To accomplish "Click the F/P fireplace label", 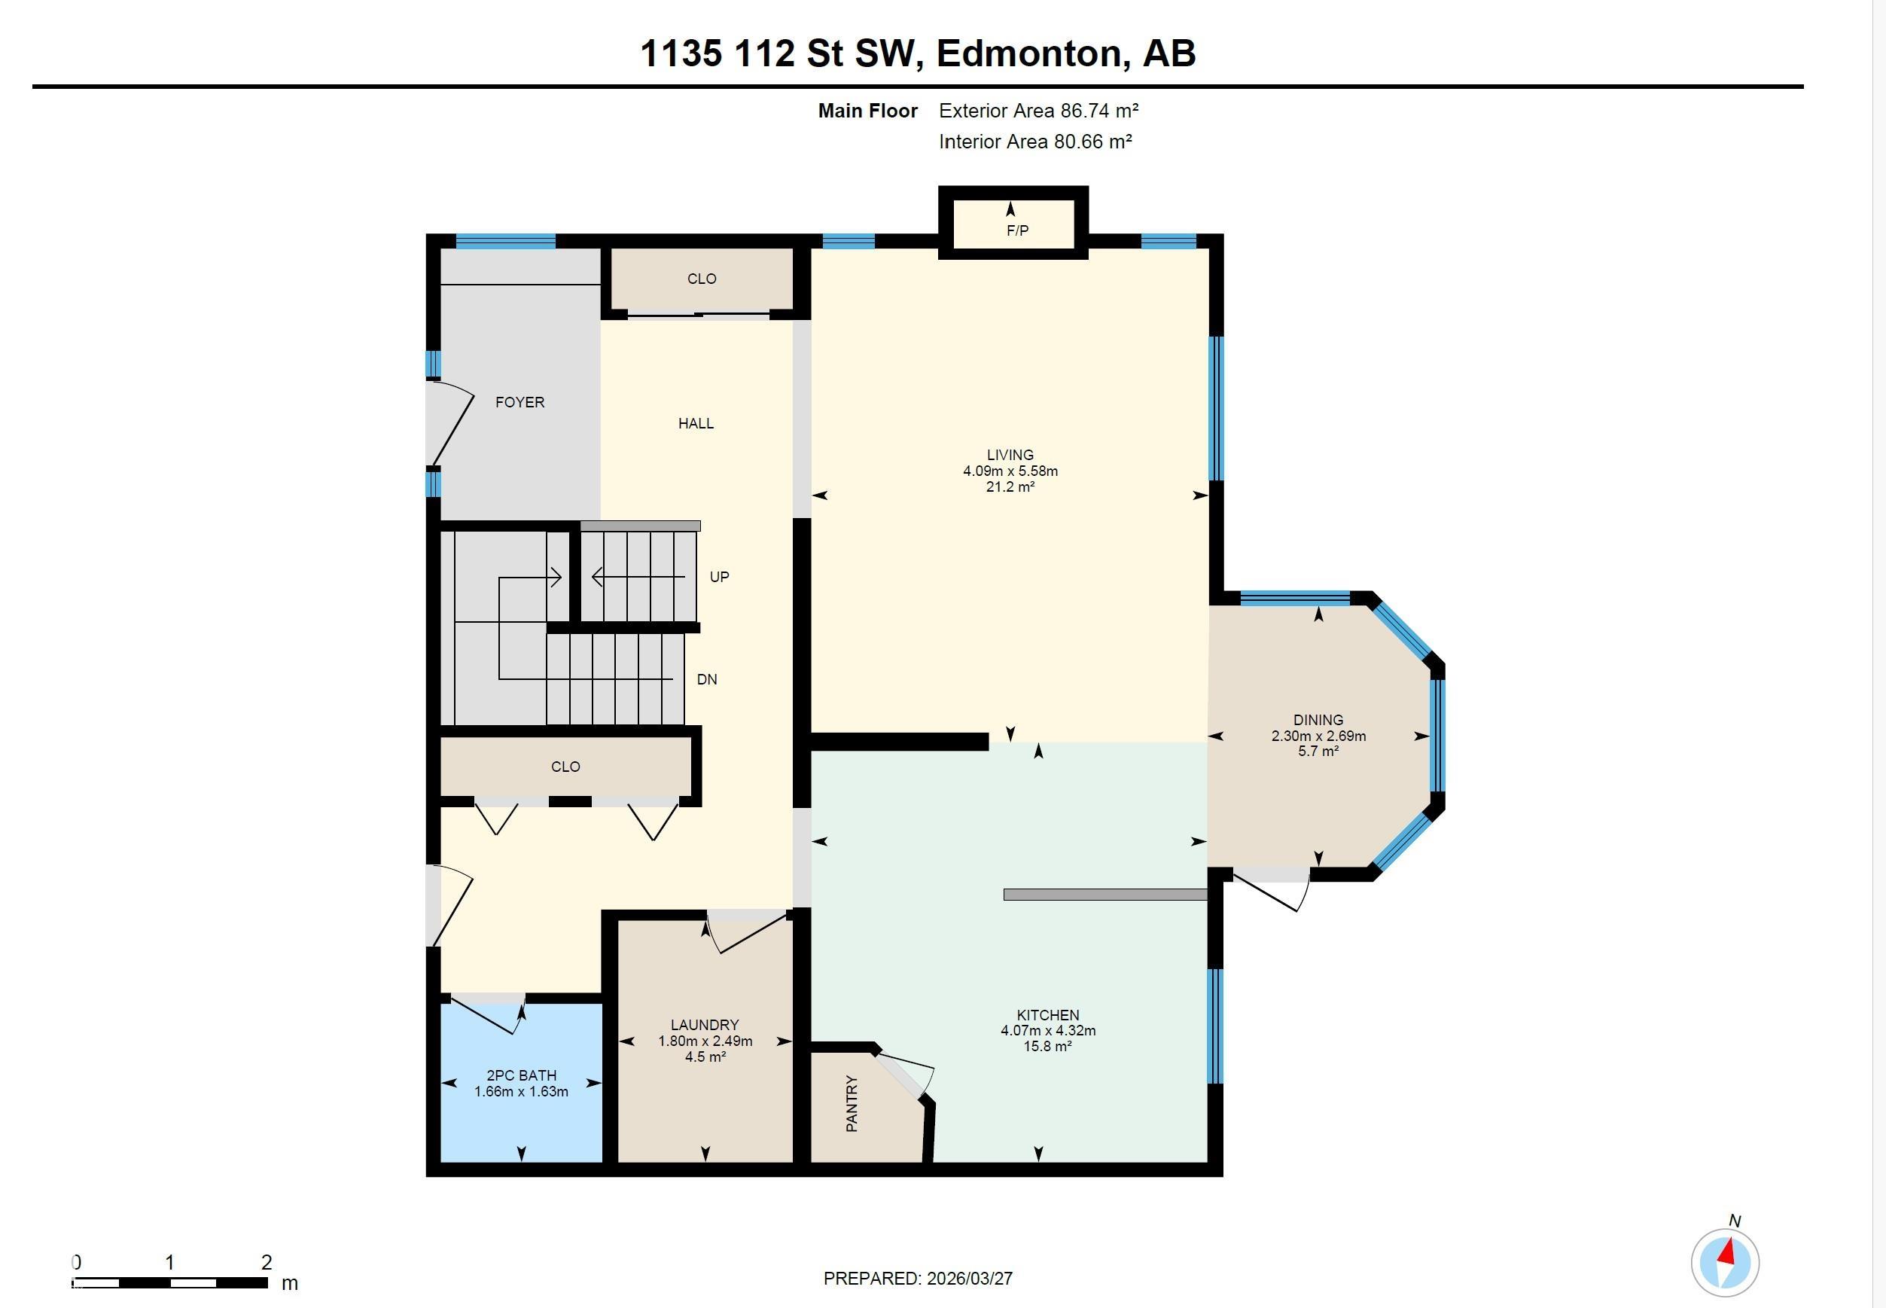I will tap(1016, 231).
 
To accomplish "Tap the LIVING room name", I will tap(1010, 455).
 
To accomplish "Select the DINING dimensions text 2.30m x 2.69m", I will tap(1318, 736).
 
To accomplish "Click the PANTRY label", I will tap(852, 1104).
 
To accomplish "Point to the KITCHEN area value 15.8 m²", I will tap(1047, 1047).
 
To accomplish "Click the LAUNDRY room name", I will tap(705, 1024).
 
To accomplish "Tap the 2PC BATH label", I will tap(521, 1075).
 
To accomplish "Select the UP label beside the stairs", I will tap(718, 577).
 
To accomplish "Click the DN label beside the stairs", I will tap(706, 679).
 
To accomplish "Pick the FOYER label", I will tap(519, 402).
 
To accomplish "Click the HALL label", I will tap(696, 424).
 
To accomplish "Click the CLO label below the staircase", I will tap(565, 767).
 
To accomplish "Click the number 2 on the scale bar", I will tap(267, 1263).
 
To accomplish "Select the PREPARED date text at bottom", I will tap(918, 1279).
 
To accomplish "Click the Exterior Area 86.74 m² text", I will tap(1038, 111).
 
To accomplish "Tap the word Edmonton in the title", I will tap(1028, 53).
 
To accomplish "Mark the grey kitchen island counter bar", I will tap(1104, 895).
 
